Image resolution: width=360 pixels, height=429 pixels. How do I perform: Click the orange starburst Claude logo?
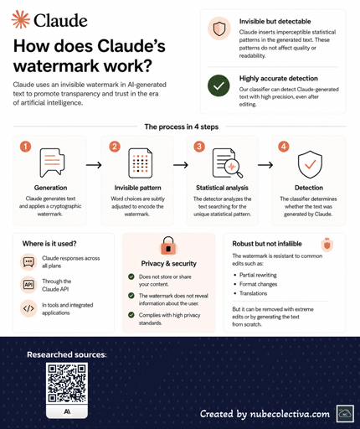20,19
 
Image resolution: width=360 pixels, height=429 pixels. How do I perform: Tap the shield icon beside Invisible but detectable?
219,28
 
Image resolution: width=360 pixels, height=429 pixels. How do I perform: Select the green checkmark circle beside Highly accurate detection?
219,85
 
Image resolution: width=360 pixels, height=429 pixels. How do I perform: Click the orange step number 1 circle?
25,147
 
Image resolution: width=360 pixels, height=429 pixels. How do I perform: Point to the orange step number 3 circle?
199,147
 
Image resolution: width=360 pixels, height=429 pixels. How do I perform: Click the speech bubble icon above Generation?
52,163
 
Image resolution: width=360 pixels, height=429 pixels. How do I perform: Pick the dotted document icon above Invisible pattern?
141,163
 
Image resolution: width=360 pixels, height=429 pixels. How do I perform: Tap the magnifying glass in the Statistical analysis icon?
234,168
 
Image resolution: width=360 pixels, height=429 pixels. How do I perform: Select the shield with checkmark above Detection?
310,164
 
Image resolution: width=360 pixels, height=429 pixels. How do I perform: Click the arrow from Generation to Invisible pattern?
94,165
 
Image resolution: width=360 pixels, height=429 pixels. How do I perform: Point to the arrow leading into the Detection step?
265,165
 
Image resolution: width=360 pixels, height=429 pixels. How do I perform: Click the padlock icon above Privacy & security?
168,246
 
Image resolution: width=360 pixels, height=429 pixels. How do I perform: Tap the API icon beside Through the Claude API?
28,285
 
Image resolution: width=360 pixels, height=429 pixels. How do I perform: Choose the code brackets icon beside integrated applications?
28,308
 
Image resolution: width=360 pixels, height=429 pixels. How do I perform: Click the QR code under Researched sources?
67,383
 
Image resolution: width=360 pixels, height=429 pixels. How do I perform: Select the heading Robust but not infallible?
267,244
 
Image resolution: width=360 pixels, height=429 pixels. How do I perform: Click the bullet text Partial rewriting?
258,275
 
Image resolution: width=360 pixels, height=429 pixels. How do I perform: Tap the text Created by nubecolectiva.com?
265,414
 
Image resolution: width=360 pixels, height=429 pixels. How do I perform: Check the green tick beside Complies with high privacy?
131,315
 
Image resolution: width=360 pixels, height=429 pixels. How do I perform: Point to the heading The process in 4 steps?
182,127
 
